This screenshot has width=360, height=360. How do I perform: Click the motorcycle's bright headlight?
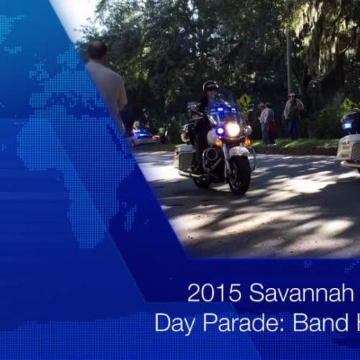233,129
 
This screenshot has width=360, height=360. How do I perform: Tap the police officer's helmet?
210,86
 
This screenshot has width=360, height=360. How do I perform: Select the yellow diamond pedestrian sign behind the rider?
246,100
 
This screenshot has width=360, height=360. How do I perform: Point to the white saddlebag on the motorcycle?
184,156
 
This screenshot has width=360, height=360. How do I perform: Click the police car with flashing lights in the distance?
142,138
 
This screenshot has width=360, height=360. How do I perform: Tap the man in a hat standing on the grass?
293,113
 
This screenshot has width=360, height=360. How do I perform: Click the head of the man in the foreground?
97,50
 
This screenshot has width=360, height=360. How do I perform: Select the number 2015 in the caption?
214,292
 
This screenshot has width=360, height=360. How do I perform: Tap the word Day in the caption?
175,323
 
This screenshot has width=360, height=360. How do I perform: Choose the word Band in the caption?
316,323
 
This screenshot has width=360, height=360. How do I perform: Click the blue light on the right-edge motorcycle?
348,125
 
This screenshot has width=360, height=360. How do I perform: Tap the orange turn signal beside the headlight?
217,143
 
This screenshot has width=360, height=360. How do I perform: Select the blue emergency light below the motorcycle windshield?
220,131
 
